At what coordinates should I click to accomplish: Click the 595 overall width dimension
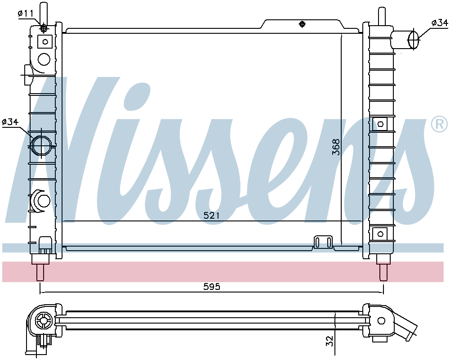(x=212, y=287)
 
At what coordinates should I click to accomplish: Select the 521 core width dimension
(x=211, y=216)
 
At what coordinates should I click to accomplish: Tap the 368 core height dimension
(x=336, y=147)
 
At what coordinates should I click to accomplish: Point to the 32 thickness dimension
(x=330, y=341)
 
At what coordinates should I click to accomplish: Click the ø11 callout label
(x=26, y=13)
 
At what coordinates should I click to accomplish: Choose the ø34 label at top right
(x=439, y=22)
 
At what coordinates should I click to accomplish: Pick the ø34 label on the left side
(x=10, y=122)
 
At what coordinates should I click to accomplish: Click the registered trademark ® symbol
(x=439, y=124)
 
